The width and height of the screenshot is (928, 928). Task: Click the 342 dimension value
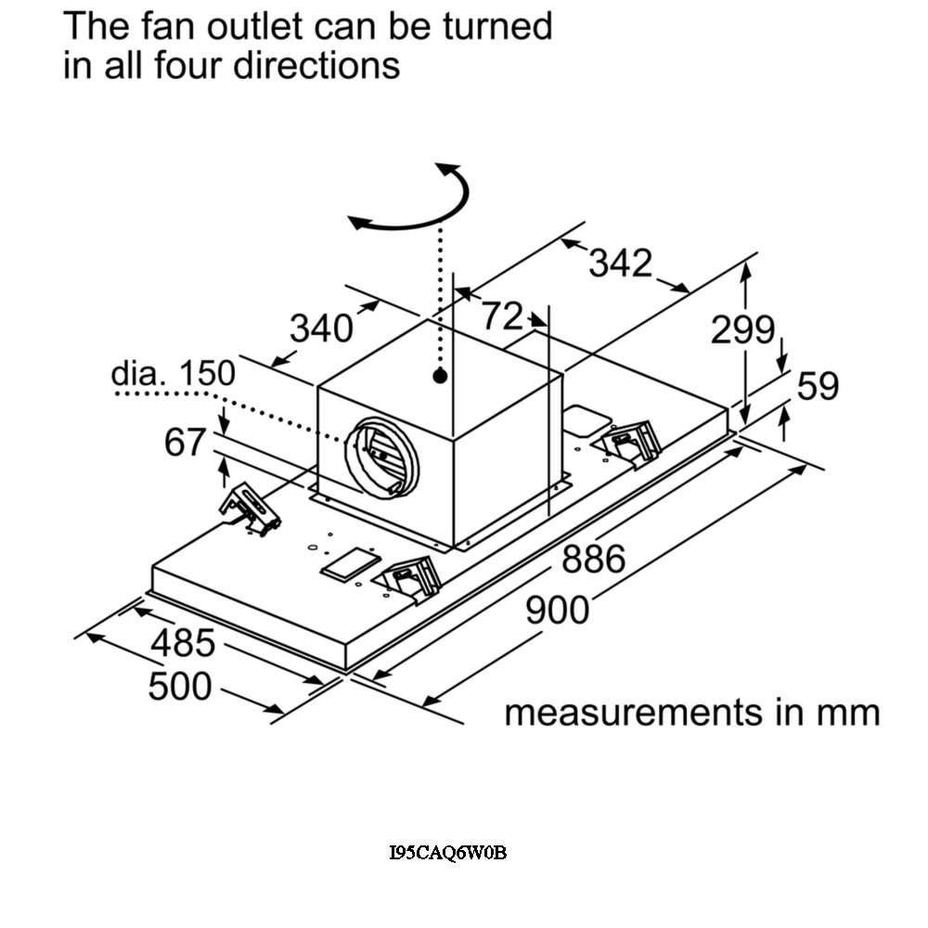pyautogui.click(x=621, y=264)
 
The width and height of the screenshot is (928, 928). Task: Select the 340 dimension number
pyautogui.click(x=321, y=329)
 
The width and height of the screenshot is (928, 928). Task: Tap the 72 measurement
pyautogui.click(x=502, y=317)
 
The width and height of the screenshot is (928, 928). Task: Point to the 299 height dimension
pyautogui.click(x=742, y=329)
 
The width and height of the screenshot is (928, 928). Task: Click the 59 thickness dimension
pyautogui.click(x=818, y=386)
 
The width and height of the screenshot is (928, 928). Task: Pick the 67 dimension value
pyautogui.click(x=184, y=443)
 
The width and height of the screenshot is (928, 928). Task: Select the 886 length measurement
pyautogui.click(x=593, y=560)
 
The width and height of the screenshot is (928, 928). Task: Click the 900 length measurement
pyautogui.click(x=557, y=611)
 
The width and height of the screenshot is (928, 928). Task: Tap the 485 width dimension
pyautogui.click(x=183, y=642)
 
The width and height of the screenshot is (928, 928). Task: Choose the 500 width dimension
pyautogui.click(x=179, y=687)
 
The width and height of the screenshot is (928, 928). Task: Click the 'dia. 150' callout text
pyautogui.click(x=173, y=373)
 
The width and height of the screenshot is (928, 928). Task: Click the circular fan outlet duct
pyautogui.click(x=382, y=455)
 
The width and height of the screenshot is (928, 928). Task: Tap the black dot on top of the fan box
pyautogui.click(x=440, y=376)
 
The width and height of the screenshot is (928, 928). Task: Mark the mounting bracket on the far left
pyautogui.click(x=249, y=508)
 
